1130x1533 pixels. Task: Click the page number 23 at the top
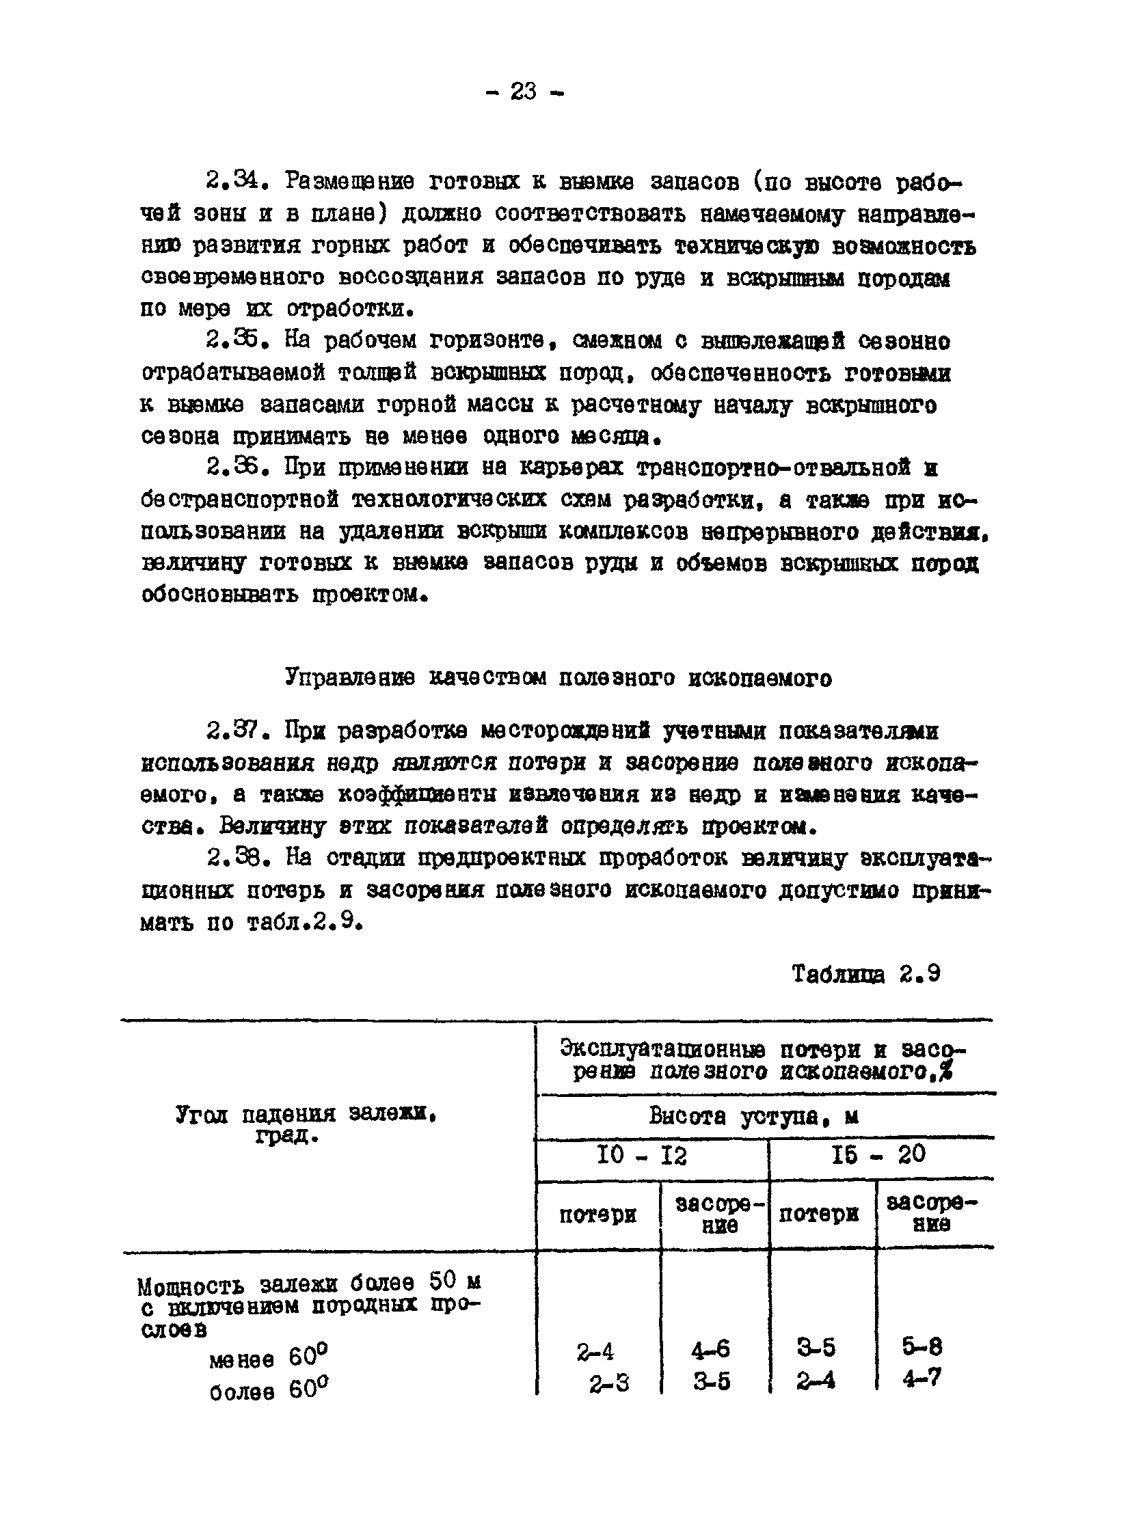tap(524, 91)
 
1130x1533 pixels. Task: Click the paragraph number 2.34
tap(233, 181)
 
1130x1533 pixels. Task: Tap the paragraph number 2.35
tap(233, 340)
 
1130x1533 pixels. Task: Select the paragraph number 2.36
tap(233, 467)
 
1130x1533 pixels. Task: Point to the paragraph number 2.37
tap(233, 732)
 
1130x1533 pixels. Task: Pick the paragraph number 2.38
tap(233, 858)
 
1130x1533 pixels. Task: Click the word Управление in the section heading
tap(349, 677)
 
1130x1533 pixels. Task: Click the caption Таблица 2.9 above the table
tap(865, 974)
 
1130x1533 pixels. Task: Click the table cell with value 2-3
tap(609, 1385)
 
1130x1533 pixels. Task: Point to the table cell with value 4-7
tap(922, 1379)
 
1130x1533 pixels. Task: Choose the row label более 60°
tap(268, 1390)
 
